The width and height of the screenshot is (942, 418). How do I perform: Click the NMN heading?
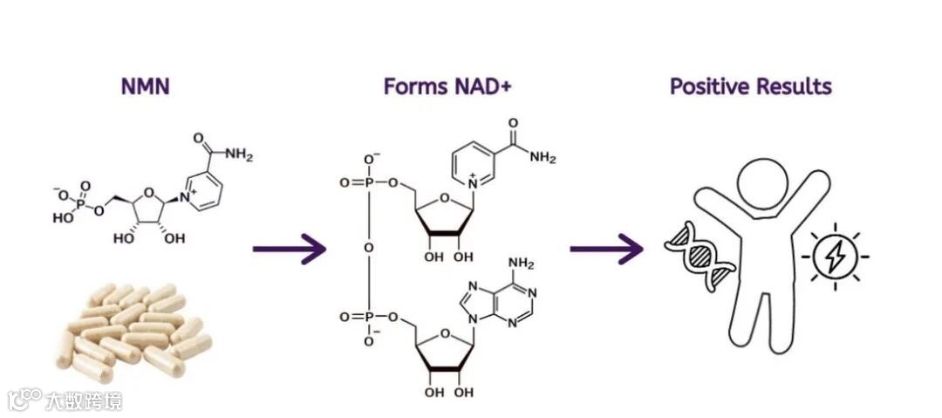[144, 86]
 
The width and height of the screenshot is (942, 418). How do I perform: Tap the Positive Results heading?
[750, 86]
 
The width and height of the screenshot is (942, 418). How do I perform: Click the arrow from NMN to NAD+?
[289, 250]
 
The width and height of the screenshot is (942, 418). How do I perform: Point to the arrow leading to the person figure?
[606, 250]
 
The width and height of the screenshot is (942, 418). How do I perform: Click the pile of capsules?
[131, 328]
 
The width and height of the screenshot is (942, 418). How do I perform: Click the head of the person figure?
[764, 187]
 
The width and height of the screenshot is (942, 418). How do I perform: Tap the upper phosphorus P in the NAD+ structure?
[368, 183]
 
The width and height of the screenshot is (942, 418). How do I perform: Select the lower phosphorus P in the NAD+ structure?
[368, 318]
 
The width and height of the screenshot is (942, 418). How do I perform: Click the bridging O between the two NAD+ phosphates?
[368, 250]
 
